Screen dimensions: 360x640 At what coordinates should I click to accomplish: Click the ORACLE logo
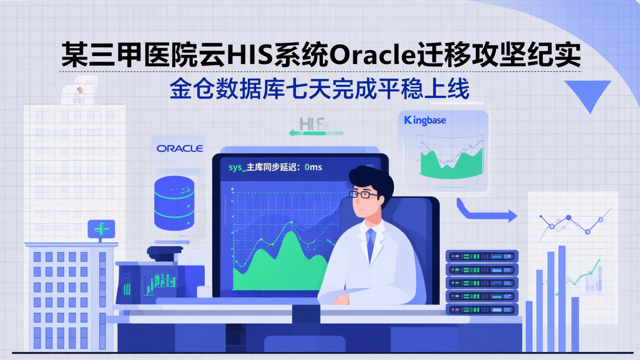tap(180, 148)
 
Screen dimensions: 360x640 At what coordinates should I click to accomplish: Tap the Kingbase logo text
tap(425, 120)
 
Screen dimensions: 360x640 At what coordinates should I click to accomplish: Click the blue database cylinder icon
tap(174, 203)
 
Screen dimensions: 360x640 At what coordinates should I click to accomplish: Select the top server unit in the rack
tap(482, 256)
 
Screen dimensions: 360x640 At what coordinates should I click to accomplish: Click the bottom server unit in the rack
tap(482, 309)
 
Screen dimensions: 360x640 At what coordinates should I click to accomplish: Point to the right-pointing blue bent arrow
tap(486, 213)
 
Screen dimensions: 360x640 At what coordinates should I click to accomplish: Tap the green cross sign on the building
tap(101, 229)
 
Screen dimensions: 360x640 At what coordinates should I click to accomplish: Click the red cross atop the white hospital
tap(80, 90)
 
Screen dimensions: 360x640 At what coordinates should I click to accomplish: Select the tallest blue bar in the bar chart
tap(562, 298)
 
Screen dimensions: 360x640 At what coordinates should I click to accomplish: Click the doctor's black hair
tap(372, 178)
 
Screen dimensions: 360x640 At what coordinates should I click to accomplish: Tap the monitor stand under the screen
tap(306, 320)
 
